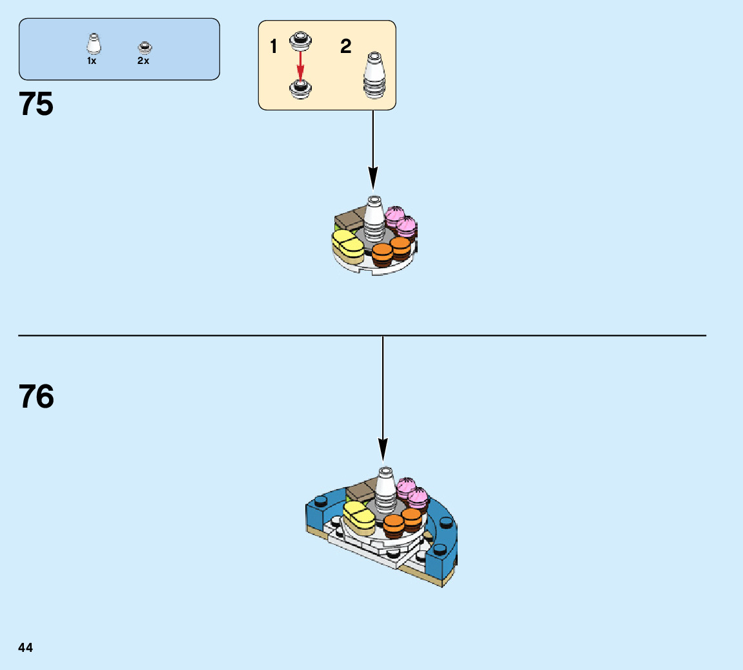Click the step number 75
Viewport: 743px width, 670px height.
tap(37, 104)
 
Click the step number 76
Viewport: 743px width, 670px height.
tap(37, 397)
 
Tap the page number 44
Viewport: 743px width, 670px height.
tap(26, 647)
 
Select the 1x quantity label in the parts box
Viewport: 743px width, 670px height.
tap(92, 61)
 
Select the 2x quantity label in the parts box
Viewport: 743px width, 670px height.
tap(143, 61)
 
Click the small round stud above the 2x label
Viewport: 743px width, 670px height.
tap(144, 47)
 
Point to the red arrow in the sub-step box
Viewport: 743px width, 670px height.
tap(300, 65)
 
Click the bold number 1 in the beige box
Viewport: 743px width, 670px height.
tap(274, 47)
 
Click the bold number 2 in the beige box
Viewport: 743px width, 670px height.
tap(346, 47)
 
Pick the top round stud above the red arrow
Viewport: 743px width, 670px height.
tap(300, 40)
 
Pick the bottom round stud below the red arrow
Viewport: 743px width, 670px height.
tap(300, 89)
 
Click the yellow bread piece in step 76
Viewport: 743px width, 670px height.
tap(358, 516)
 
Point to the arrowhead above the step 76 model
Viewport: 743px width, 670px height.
tap(383, 448)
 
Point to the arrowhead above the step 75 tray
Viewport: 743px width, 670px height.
tap(372, 177)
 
